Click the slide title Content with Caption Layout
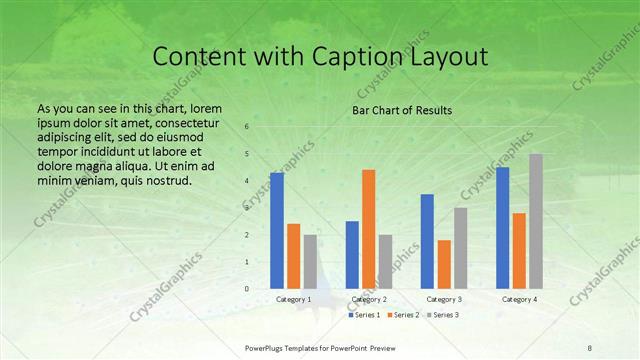pos(319,57)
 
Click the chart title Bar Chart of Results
pos(401,110)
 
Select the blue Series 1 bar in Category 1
pos(277,230)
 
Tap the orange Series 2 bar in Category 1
pos(293,256)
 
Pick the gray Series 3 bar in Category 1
pos(310,261)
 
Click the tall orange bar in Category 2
pos(368,229)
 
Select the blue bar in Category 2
pos(352,254)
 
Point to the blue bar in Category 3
pos(427,241)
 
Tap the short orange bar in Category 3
pos(443,264)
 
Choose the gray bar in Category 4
pos(536,221)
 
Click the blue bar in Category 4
pos(502,228)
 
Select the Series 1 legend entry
pos(364,315)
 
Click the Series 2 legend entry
pos(403,315)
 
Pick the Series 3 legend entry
pos(443,315)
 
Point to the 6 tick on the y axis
pos(246,127)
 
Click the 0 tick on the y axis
pos(246,289)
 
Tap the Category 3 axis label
pos(443,299)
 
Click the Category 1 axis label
pos(293,299)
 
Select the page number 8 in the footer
pos(590,347)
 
